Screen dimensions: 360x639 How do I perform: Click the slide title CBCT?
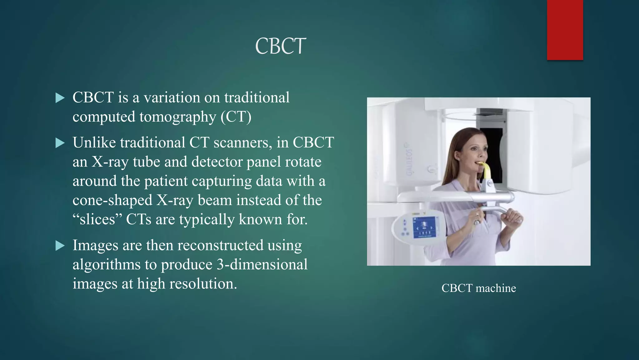coord(280,47)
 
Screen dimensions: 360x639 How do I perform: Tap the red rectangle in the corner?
coord(565,30)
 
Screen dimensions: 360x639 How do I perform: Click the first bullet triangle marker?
coord(60,98)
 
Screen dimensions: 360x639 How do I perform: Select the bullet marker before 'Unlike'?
coord(60,143)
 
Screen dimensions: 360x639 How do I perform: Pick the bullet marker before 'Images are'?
coord(60,246)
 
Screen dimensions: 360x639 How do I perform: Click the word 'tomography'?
coord(178,117)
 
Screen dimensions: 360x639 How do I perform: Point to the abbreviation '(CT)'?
coord(236,117)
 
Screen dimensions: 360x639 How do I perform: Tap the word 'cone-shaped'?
coord(112,200)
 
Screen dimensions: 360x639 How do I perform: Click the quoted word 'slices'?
coord(97,219)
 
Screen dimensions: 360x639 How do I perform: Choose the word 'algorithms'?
coord(106,265)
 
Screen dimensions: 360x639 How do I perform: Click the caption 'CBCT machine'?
coord(478,288)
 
